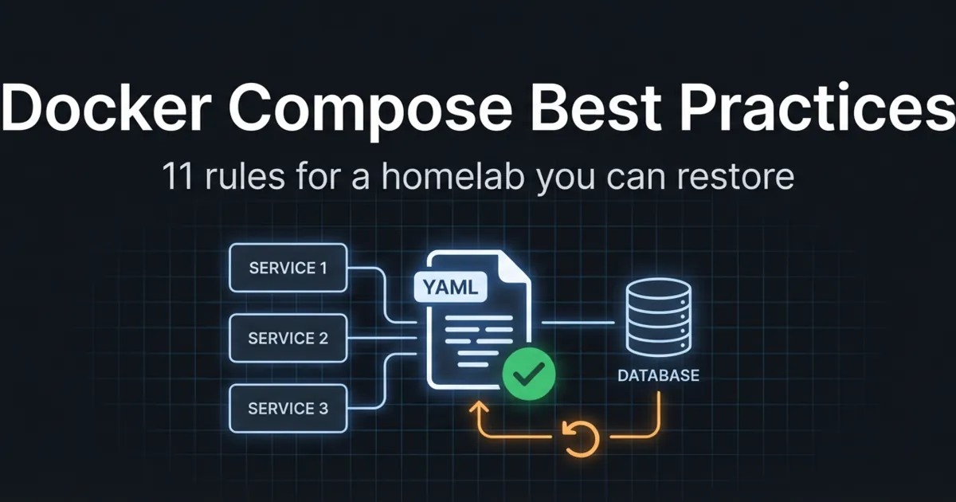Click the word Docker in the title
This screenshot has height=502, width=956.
(x=107, y=108)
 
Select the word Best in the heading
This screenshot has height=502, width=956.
(x=596, y=107)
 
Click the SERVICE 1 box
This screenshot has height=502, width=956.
(x=288, y=268)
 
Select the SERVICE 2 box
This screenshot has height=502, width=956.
(x=288, y=338)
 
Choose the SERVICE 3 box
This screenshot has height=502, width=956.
(x=288, y=409)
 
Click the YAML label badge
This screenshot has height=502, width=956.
(x=450, y=287)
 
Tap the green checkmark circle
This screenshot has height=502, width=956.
(x=529, y=374)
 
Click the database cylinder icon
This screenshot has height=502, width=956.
(x=659, y=317)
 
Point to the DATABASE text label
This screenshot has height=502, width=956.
(x=659, y=375)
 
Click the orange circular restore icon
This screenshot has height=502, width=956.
(x=581, y=438)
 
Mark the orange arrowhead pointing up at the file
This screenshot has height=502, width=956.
(x=479, y=407)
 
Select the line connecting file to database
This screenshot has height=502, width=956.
(x=578, y=322)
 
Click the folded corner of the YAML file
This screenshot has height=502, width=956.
(x=515, y=268)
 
